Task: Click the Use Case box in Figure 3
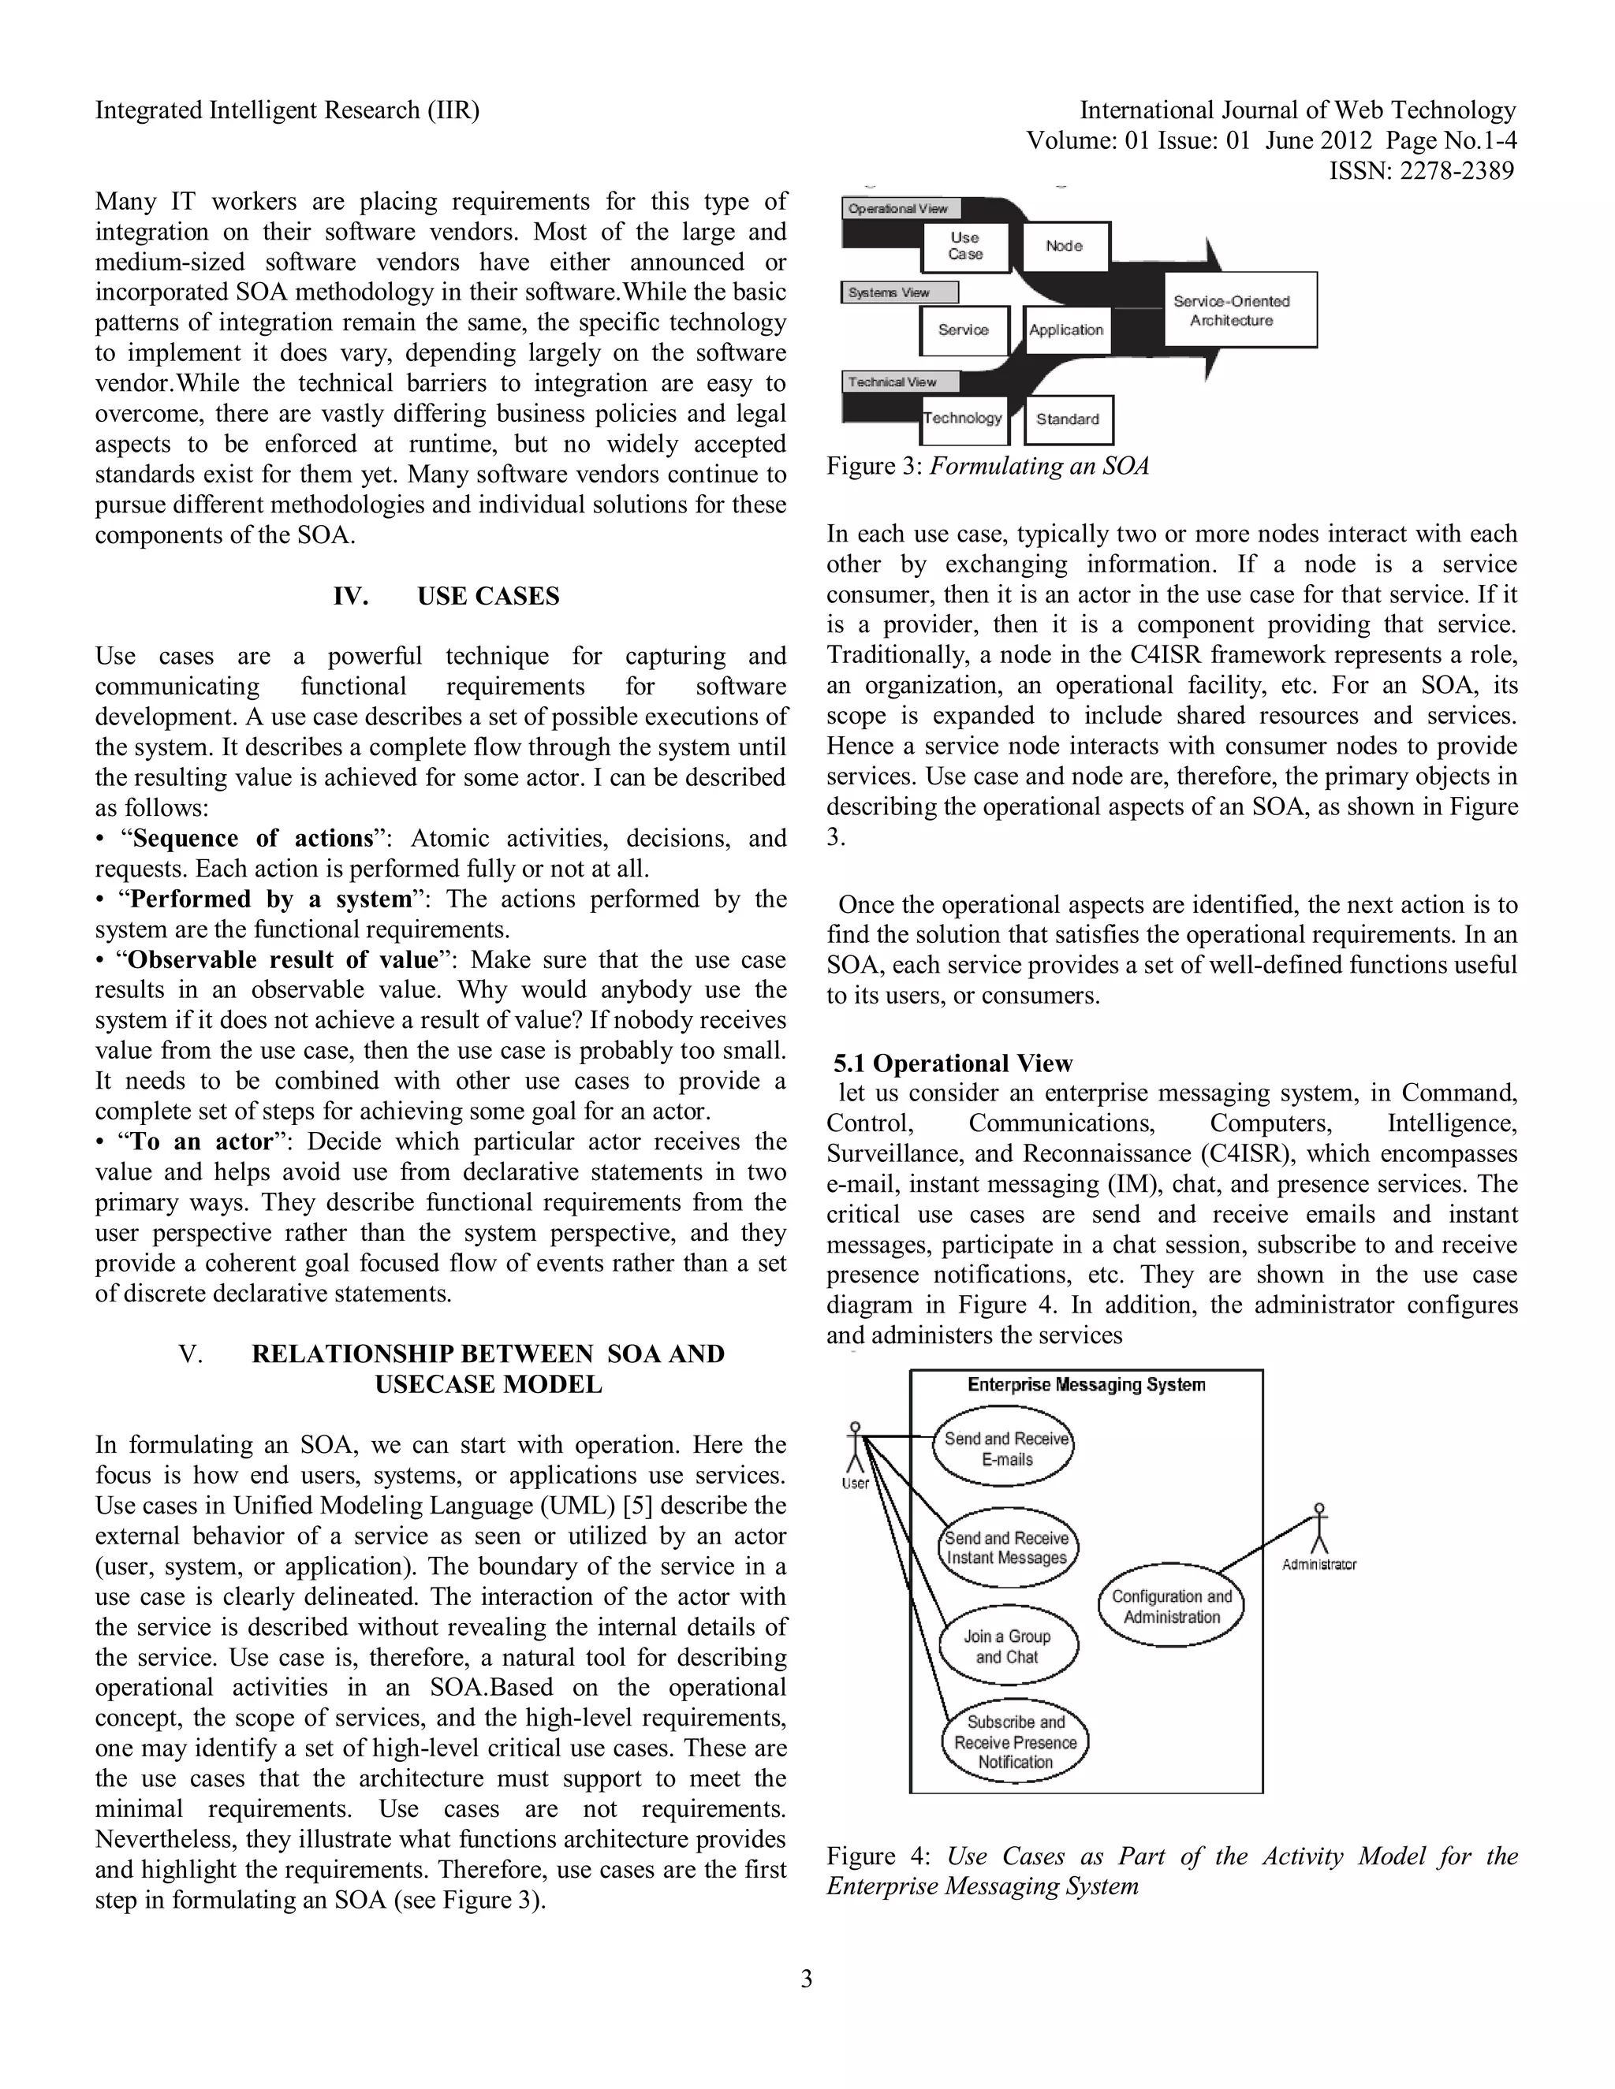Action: click(965, 247)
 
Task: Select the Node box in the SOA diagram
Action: click(1065, 247)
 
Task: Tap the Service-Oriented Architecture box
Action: click(1239, 311)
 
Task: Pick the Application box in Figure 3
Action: click(1066, 331)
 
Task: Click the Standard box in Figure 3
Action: click(1068, 420)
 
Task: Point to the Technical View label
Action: click(892, 382)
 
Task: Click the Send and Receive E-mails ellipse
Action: click(1005, 1450)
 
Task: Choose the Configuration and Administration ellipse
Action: click(1172, 1607)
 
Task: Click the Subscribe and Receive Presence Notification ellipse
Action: click(1015, 1742)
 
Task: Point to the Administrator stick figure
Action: click(1319, 1532)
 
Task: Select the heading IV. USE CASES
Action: click(446, 597)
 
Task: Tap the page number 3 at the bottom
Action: click(807, 1979)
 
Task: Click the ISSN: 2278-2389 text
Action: click(1422, 172)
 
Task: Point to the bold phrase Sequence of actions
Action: click(252, 839)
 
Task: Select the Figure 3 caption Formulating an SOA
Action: click(987, 467)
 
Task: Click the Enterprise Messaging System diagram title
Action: click(1086, 1385)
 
